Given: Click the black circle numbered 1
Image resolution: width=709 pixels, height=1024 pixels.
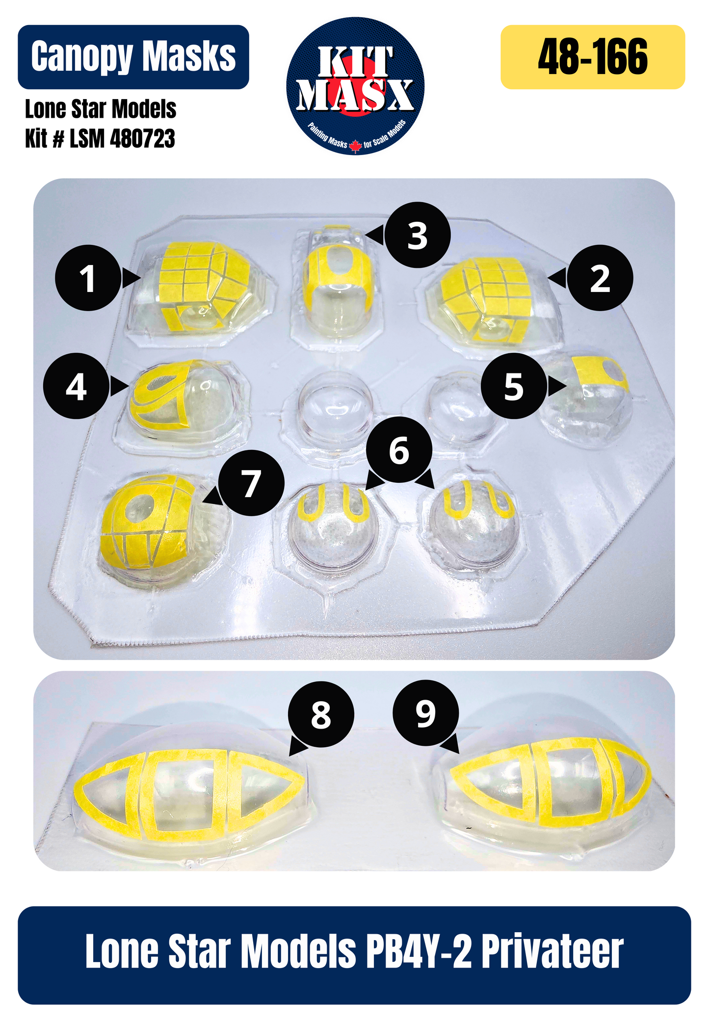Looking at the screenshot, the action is [88, 278].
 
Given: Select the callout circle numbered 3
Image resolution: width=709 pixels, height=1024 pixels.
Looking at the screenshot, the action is [417, 235].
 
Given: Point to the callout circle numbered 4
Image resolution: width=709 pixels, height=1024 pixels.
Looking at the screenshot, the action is [76, 386].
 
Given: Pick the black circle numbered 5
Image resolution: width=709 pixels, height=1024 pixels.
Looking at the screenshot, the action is [514, 386].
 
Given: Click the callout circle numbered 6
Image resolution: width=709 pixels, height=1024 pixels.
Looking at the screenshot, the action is [399, 449].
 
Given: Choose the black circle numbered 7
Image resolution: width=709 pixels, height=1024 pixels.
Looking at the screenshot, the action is [251, 483].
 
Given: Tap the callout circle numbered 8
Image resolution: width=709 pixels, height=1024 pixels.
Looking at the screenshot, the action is [321, 714].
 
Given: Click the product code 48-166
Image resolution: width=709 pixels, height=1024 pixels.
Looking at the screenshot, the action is [593, 57].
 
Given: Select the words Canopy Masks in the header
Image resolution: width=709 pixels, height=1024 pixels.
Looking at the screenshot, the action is [133, 56].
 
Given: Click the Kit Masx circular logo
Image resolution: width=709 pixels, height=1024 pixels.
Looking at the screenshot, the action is [355, 86].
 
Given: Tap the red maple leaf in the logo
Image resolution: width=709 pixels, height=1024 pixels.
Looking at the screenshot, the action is [355, 145].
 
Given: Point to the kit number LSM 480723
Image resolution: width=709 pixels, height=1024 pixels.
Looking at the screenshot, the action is [122, 138].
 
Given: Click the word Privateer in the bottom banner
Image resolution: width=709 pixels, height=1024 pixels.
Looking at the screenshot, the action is [552, 952].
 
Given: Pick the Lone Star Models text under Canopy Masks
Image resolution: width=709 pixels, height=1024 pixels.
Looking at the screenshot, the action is [101, 109].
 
